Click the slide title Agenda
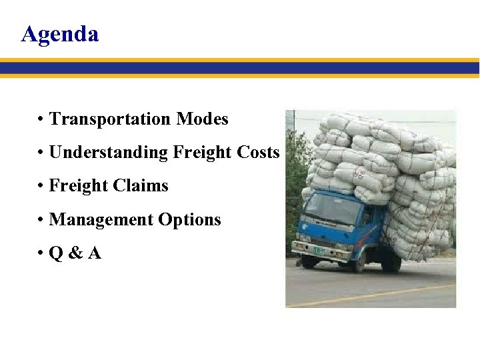(60, 33)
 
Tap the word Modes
(202, 119)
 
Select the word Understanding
(109, 153)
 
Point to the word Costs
(258, 153)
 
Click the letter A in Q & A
(94, 253)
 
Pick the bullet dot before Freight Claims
(41, 187)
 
